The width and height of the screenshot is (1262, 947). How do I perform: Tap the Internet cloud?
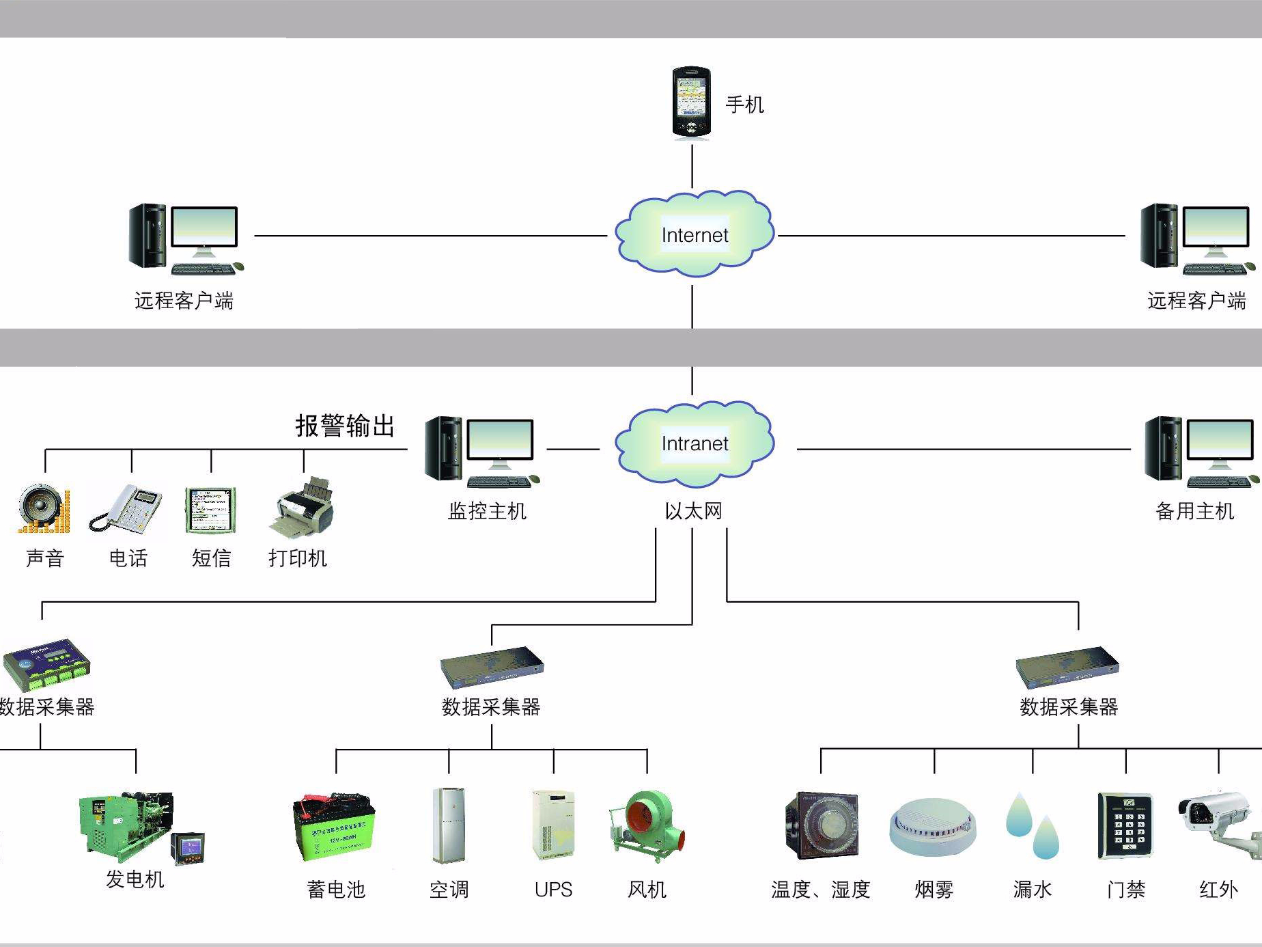[x=694, y=234]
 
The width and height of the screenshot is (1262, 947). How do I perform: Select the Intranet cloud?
[x=694, y=443]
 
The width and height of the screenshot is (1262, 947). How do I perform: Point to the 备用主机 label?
[x=1194, y=511]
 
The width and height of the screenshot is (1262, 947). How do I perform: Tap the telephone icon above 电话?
[x=126, y=508]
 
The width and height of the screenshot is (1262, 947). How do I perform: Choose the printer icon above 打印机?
[x=303, y=508]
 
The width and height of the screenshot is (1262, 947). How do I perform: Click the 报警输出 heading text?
[x=345, y=426]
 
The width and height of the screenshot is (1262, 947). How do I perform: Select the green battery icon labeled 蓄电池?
[x=334, y=827]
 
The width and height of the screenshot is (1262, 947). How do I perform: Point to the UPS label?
[x=553, y=890]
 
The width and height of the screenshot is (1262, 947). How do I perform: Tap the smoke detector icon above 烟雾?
[x=933, y=827]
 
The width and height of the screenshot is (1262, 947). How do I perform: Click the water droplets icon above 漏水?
[x=1032, y=826]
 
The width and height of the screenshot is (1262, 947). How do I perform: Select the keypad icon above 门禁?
[x=1125, y=826]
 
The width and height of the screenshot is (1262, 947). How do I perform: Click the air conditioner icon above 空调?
[x=449, y=825]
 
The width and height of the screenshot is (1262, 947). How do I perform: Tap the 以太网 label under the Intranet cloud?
[x=693, y=511]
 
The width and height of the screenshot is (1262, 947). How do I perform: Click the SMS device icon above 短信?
[x=211, y=510]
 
